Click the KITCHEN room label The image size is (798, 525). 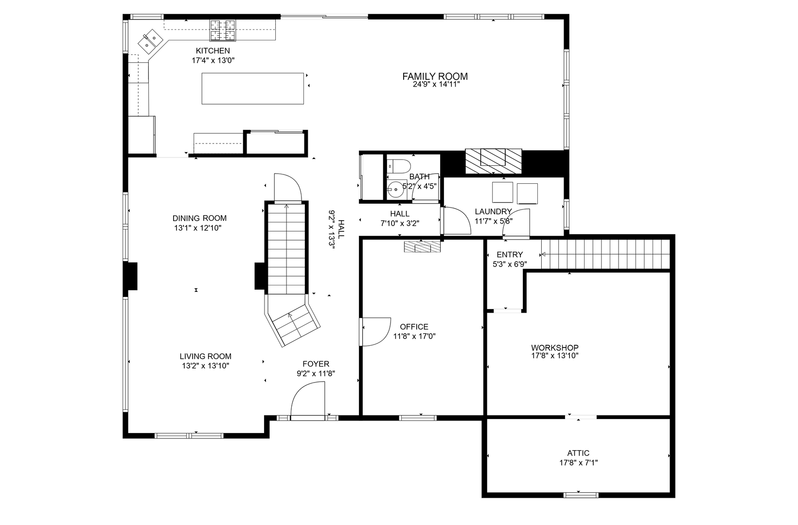pyautogui.click(x=213, y=51)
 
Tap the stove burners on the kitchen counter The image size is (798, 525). pyautogui.click(x=223, y=30)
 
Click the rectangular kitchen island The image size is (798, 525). pyautogui.click(x=252, y=88)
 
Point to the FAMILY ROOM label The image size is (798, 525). pyautogui.click(x=435, y=76)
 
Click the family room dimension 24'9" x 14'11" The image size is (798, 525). pyautogui.click(x=436, y=85)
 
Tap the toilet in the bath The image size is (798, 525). pyautogui.click(x=399, y=166)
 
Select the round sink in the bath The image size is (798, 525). pyautogui.click(x=395, y=189)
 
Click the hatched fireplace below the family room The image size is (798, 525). pyautogui.click(x=494, y=161)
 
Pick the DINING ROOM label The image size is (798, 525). pyautogui.click(x=199, y=218)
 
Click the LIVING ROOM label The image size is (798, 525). pyautogui.click(x=206, y=356)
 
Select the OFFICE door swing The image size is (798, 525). pyautogui.click(x=376, y=332)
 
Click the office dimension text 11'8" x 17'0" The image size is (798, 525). pyautogui.click(x=414, y=336)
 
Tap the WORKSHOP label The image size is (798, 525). pyautogui.click(x=555, y=348)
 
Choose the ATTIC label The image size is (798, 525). pyautogui.click(x=578, y=453)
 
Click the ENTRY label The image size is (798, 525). pyautogui.click(x=510, y=255)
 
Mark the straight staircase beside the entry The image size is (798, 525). pyautogui.click(x=605, y=254)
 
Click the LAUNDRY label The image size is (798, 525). pyautogui.click(x=494, y=211)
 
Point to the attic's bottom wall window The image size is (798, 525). pyautogui.click(x=581, y=495)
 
